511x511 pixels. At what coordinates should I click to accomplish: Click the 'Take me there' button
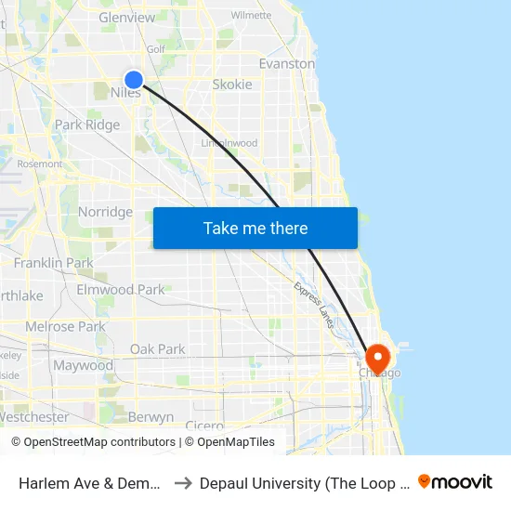[x=255, y=228]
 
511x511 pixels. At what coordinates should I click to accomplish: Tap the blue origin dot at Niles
[x=134, y=81]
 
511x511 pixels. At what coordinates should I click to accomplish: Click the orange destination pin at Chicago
[x=378, y=358]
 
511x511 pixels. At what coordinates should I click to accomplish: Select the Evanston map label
[x=286, y=64]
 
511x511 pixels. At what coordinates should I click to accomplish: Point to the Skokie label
[x=231, y=85]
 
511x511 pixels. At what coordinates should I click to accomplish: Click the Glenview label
[x=126, y=18]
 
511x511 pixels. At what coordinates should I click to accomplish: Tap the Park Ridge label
[x=87, y=124]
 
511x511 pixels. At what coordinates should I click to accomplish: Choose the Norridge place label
[x=105, y=212]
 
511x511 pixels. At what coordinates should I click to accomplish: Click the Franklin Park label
[x=53, y=263]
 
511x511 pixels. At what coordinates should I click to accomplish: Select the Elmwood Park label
[x=120, y=290]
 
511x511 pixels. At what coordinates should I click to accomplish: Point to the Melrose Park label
[x=65, y=327]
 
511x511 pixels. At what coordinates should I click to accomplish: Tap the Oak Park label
[x=157, y=349]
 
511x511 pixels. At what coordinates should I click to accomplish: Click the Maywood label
[x=83, y=365]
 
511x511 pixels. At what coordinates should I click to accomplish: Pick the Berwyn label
[x=151, y=417]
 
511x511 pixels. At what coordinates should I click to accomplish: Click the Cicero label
[x=203, y=426]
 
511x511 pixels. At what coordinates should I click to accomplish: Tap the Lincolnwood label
[x=229, y=143]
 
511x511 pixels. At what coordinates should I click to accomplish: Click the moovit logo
[x=455, y=481]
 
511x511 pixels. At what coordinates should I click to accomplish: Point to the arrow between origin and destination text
[x=182, y=482]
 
